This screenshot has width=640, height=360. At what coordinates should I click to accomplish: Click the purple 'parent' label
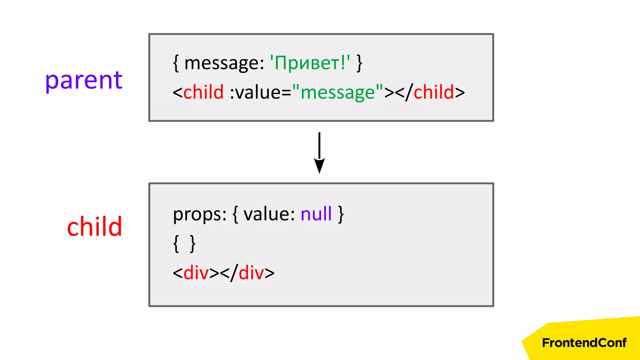pos(84,81)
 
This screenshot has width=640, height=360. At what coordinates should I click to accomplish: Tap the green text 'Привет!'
pos(310,63)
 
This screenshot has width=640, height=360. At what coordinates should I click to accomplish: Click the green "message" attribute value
pos(337,92)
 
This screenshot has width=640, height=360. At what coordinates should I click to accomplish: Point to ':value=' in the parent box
pos(260,92)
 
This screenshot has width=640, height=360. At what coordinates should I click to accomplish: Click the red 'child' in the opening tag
pos(203,92)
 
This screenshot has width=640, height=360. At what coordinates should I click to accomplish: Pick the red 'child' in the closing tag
pos(434,92)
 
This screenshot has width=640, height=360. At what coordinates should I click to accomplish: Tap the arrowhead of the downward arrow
pos(319,166)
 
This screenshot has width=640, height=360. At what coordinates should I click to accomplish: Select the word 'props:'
pos(200,215)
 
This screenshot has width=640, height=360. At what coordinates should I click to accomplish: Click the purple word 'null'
pos(316,214)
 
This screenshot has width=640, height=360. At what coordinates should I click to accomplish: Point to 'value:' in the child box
pos(269,214)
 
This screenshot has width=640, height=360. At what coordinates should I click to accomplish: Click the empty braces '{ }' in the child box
pos(184,244)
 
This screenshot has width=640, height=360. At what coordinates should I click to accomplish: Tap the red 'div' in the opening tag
pos(196,273)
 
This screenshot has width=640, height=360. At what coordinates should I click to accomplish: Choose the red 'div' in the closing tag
pos(251,273)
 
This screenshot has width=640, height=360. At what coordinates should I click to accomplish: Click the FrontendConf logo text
pos(584,343)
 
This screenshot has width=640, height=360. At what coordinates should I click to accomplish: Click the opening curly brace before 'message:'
pos(176,63)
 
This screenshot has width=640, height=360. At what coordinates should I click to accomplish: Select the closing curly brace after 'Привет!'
pos(359,63)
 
